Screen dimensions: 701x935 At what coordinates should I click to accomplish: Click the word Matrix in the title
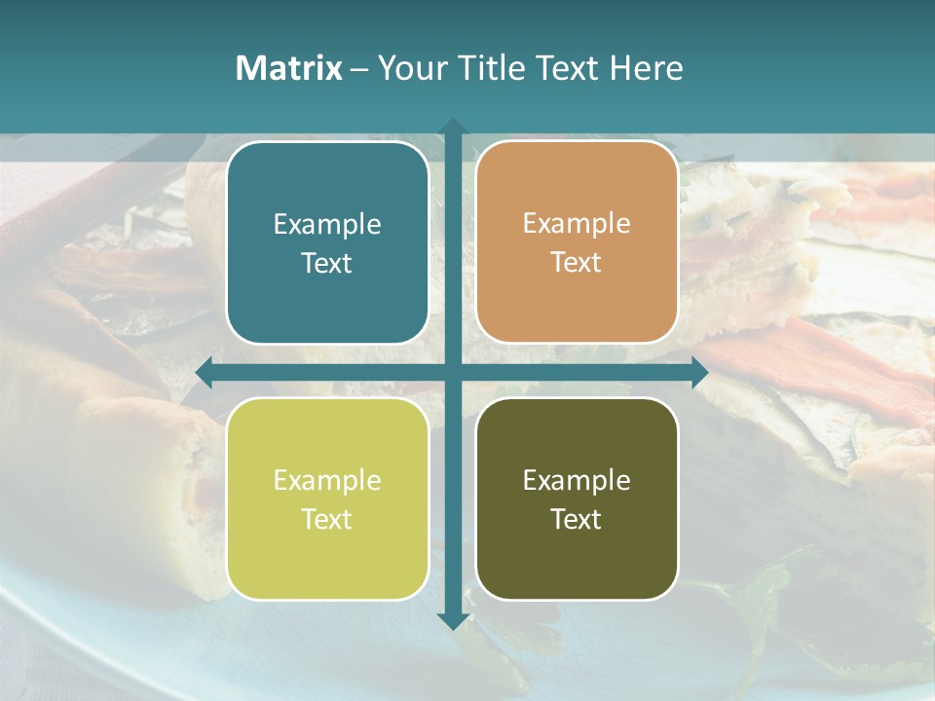pos(288,68)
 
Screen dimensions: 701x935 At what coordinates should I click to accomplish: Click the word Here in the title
pos(647,68)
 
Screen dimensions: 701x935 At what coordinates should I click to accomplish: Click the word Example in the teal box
pos(327,224)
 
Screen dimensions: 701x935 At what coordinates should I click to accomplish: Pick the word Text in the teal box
pos(327,263)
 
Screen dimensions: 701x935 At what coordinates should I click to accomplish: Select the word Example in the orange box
pos(577,223)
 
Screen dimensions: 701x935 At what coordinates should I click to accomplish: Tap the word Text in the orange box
pos(577,262)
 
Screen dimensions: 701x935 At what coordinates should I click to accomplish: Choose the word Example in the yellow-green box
pos(327,480)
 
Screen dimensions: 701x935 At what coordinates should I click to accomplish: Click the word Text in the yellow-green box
pos(327,519)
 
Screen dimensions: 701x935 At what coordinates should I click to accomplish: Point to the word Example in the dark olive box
pos(577,480)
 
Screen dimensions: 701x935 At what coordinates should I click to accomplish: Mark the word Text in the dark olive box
pos(577,519)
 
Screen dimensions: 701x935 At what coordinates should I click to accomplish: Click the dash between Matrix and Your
pos(359,69)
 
